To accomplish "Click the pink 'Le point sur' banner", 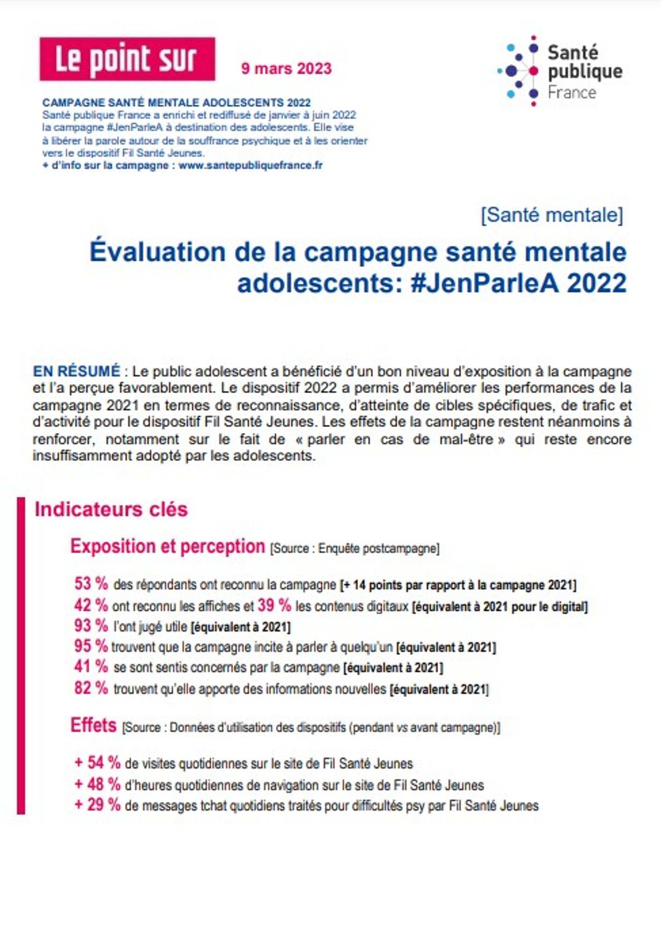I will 127,59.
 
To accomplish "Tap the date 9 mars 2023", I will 286,68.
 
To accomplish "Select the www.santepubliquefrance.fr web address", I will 250,165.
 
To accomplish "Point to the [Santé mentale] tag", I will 552,215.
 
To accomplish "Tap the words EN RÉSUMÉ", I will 77,371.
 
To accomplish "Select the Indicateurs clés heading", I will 111,509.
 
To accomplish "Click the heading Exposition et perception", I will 168,546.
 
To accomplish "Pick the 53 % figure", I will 91,584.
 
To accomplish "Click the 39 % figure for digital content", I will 274,605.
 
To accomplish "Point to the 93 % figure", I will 91,625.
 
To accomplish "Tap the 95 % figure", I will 91,646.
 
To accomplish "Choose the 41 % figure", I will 91,666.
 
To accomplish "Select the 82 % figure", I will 91,687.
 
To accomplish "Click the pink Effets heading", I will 93,725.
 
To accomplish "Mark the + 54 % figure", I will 97,762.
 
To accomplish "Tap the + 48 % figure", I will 97,784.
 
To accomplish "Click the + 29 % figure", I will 97,804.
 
